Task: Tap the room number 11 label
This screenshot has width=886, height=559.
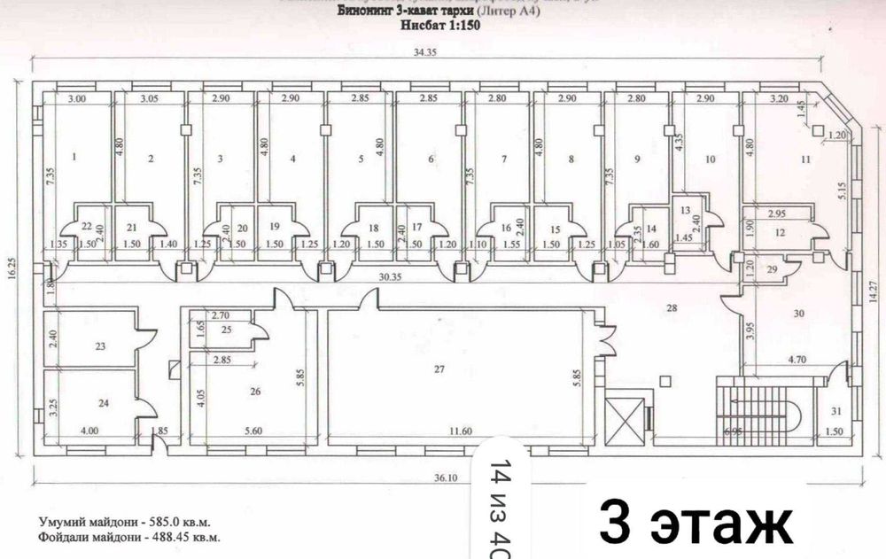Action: click(x=805, y=159)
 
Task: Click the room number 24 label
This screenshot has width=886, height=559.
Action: click(x=104, y=404)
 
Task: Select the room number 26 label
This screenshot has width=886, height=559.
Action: click(x=256, y=391)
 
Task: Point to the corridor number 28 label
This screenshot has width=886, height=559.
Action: click(x=672, y=307)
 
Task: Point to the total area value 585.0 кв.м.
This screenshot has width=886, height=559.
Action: click(x=177, y=522)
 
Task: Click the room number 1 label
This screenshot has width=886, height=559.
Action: click(x=75, y=159)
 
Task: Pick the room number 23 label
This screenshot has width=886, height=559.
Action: click(x=101, y=346)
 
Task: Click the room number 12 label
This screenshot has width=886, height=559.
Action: click(x=779, y=232)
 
